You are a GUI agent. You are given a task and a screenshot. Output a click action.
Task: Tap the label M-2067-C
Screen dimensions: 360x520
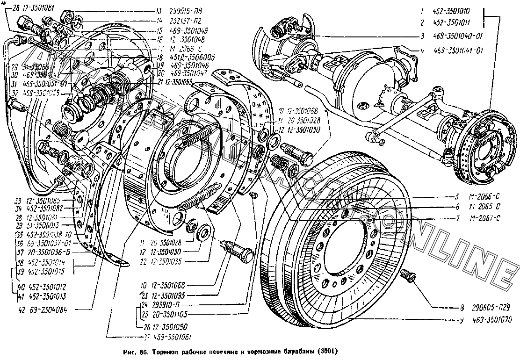tap(485, 217)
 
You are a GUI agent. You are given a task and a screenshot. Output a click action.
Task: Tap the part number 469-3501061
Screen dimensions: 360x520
tap(173, 337)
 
